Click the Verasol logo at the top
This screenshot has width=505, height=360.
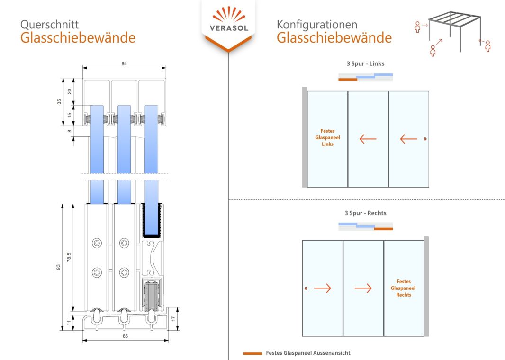pyautogui.click(x=228, y=21)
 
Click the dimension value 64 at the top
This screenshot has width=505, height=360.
pyautogui.click(x=124, y=63)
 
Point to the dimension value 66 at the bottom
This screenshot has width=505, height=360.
pyautogui.click(x=125, y=336)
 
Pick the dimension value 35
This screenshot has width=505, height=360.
pyautogui.click(x=59, y=102)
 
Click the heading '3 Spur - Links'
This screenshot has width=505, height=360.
pyautogui.click(x=365, y=63)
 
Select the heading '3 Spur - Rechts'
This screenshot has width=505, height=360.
pyautogui.click(x=365, y=213)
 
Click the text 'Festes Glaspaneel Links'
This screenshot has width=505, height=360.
pyautogui.click(x=328, y=137)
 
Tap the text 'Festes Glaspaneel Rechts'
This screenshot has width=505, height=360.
pyautogui.click(x=404, y=288)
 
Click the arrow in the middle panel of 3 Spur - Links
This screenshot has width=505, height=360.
pyautogui.click(x=368, y=139)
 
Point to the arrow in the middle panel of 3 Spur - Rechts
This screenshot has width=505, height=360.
pyautogui.click(x=363, y=288)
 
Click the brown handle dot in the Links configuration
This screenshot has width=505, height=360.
pyautogui.click(x=425, y=139)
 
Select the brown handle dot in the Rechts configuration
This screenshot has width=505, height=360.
pyautogui.click(x=306, y=288)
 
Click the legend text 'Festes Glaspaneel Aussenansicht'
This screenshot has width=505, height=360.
pyautogui.click(x=308, y=353)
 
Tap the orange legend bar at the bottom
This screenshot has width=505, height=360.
pyautogui.click(x=252, y=353)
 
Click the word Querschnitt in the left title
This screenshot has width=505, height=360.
pyautogui.click(x=49, y=24)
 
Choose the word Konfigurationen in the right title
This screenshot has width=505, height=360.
pyautogui.click(x=317, y=24)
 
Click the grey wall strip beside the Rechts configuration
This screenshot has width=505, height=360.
pyautogui.click(x=426, y=286)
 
